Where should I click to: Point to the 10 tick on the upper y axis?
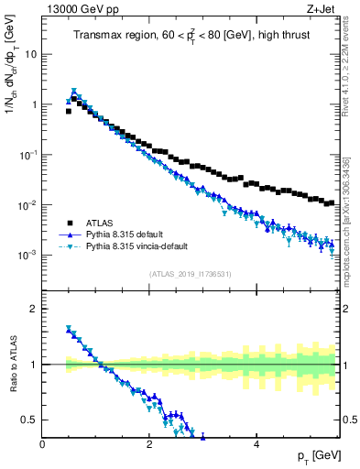(x=32, y=54)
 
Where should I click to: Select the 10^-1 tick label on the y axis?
(x=29, y=154)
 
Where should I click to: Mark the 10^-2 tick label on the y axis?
(x=29, y=204)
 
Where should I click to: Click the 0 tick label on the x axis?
(x=42, y=444)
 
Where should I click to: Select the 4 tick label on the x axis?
(x=256, y=444)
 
